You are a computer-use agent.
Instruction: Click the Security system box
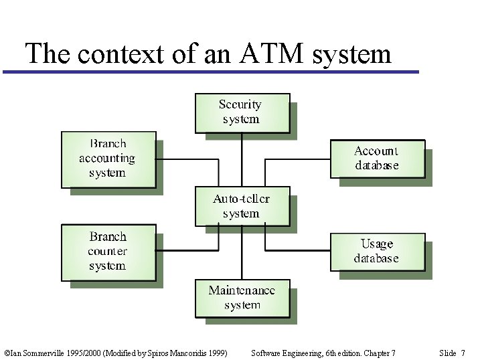point(242,112)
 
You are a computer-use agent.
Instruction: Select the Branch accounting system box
point(108,159)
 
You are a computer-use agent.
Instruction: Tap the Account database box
point(377,159)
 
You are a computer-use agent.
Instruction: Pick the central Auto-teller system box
point(242,206)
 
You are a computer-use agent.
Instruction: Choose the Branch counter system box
point(108,252)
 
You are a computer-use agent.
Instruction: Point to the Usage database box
point(377,252)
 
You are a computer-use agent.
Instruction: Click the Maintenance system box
point(242,298)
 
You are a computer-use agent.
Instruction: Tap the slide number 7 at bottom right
point(463,353)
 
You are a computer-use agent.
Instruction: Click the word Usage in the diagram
point(377,244)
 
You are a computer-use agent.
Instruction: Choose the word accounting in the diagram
point(107,159)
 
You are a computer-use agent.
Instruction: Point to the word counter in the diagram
point(107,252)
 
